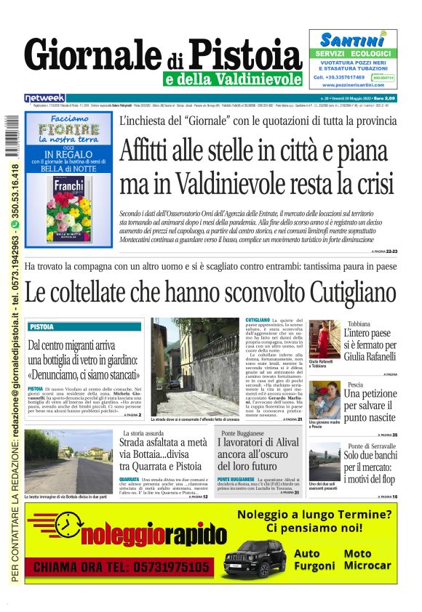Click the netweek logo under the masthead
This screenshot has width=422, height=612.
pyautogui.click(x=44, y=97)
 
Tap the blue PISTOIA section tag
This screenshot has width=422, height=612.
pyautogui.click(x=42, y=327)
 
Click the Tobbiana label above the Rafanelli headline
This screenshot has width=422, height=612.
pyautogui.click(x=358, y=323)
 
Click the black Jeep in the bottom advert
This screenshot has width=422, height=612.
pyautogui.click(x=254, y=558)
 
